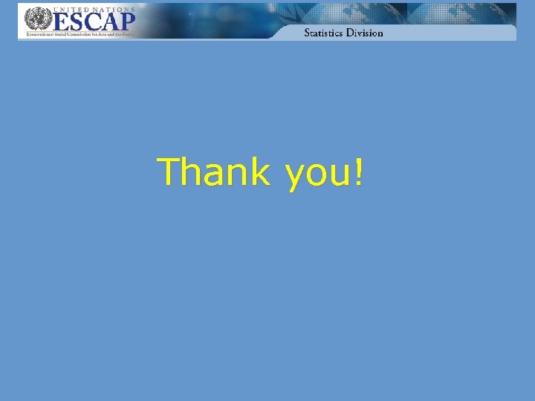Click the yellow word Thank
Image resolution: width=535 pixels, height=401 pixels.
215,172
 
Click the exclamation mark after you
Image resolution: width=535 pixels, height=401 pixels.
360,172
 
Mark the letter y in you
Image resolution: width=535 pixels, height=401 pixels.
294,177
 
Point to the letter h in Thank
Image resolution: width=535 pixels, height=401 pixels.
192,172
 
